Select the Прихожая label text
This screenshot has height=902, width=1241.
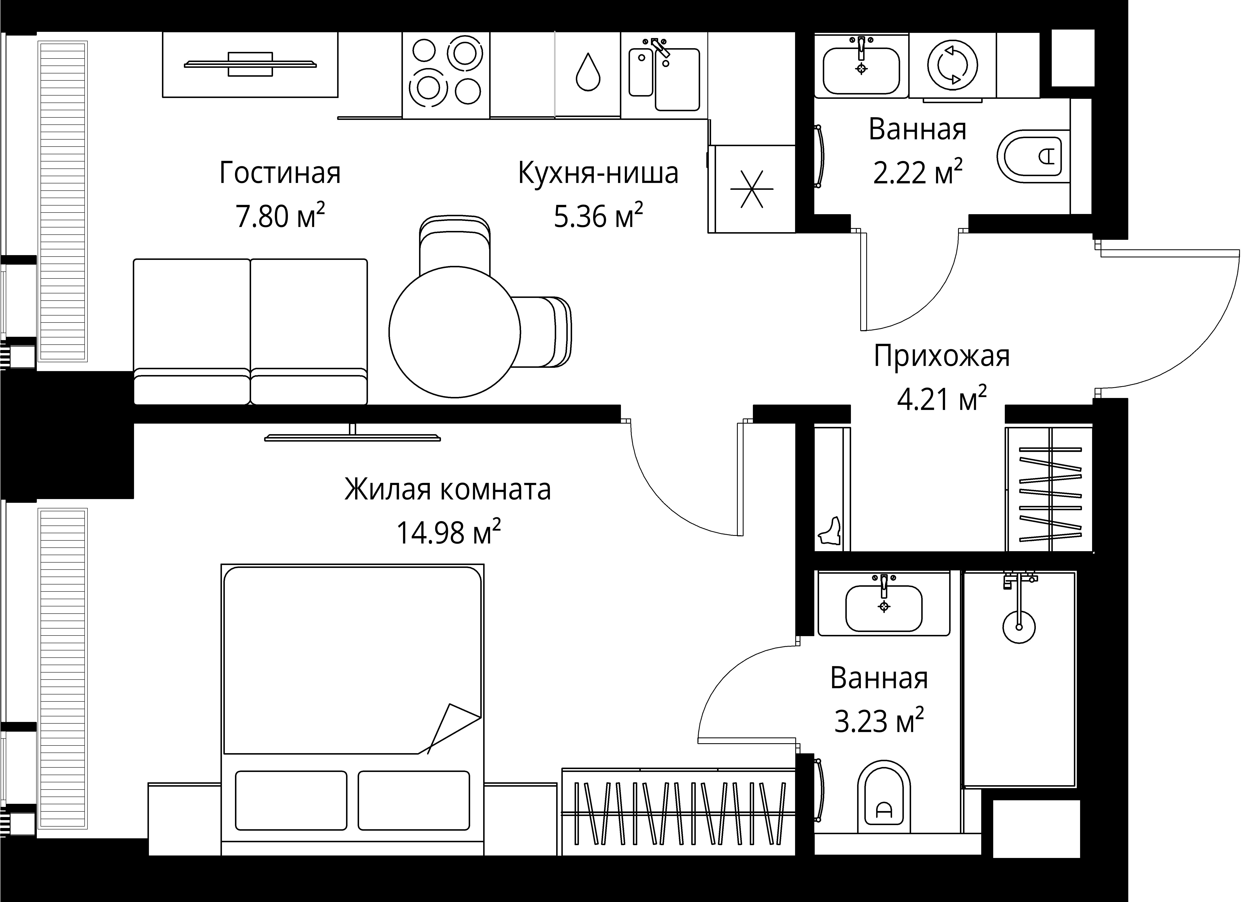941,356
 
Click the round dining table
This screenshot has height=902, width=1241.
454,332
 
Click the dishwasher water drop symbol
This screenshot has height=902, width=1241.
588,72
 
